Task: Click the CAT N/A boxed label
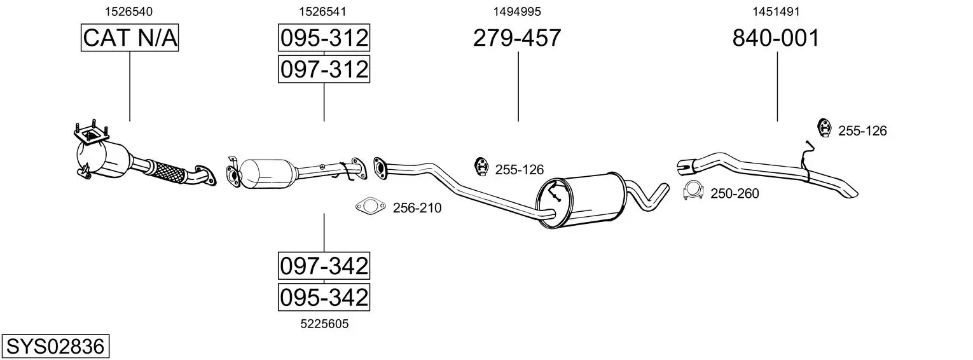pyautogui.click(x=130, y=38)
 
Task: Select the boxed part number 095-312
pyautogui.click(x=324, y=38)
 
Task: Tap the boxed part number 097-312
pyautogui.click(x=324, y=69)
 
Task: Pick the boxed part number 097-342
pyautogui.click(x=324, y=265)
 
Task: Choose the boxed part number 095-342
pyautogui.click(x=324, y=297)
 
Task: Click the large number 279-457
pyautogui.click(x=517, y=38)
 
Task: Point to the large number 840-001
pyautogui.click(x=776, y=38)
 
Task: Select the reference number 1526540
pyautogui.click(x=128, y=11)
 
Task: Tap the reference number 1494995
pyautogui.click(x=517, y=11)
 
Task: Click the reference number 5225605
pyautogui.click(x=324, y=324)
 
